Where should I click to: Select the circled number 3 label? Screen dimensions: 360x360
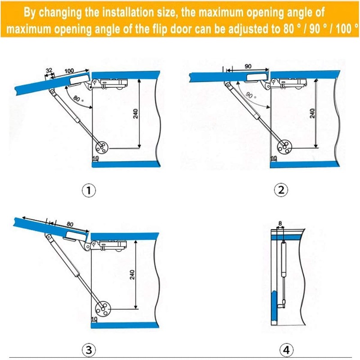click(x=89, y=349)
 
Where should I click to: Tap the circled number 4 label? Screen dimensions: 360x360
click(x=285, y=349)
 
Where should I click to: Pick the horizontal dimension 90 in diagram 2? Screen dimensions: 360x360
click(x=248, y=66)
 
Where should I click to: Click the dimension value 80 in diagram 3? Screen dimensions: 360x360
click(x=69, y=224)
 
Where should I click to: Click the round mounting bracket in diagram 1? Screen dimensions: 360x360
click(x=103, y=147)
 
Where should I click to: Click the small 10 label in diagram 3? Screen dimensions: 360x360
click(x=94, y=319)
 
